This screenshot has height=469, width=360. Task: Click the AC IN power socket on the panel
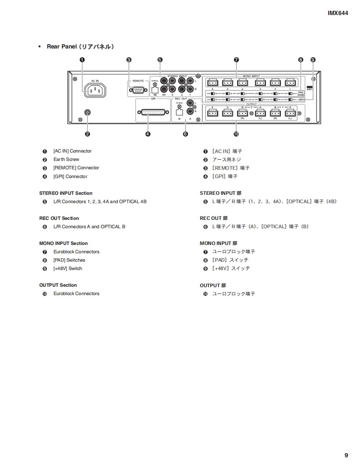(x=95, y=90)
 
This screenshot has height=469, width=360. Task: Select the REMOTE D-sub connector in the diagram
(x=138, y=89)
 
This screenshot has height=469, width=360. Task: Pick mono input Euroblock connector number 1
(x=290, y=82)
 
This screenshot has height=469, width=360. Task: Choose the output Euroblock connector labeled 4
(x=212, y=113)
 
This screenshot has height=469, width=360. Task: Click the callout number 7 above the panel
(x=236, y=60)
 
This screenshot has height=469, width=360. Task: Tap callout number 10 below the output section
(x=236, y=134)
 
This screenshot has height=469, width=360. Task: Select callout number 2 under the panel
(x=87, y=134)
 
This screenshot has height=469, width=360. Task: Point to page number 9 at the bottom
(x=346, y=455)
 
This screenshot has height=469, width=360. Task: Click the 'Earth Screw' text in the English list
(x=66, y=160)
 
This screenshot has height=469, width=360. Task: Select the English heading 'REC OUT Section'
(x=59, y=218)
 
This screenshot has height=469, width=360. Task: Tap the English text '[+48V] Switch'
(x=68, y=268)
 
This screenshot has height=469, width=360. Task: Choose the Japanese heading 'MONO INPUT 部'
(x=218, y=243)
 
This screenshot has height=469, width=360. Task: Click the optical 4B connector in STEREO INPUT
(x=155, y=89)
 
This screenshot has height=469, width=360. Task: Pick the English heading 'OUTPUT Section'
(x=58, y=285)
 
